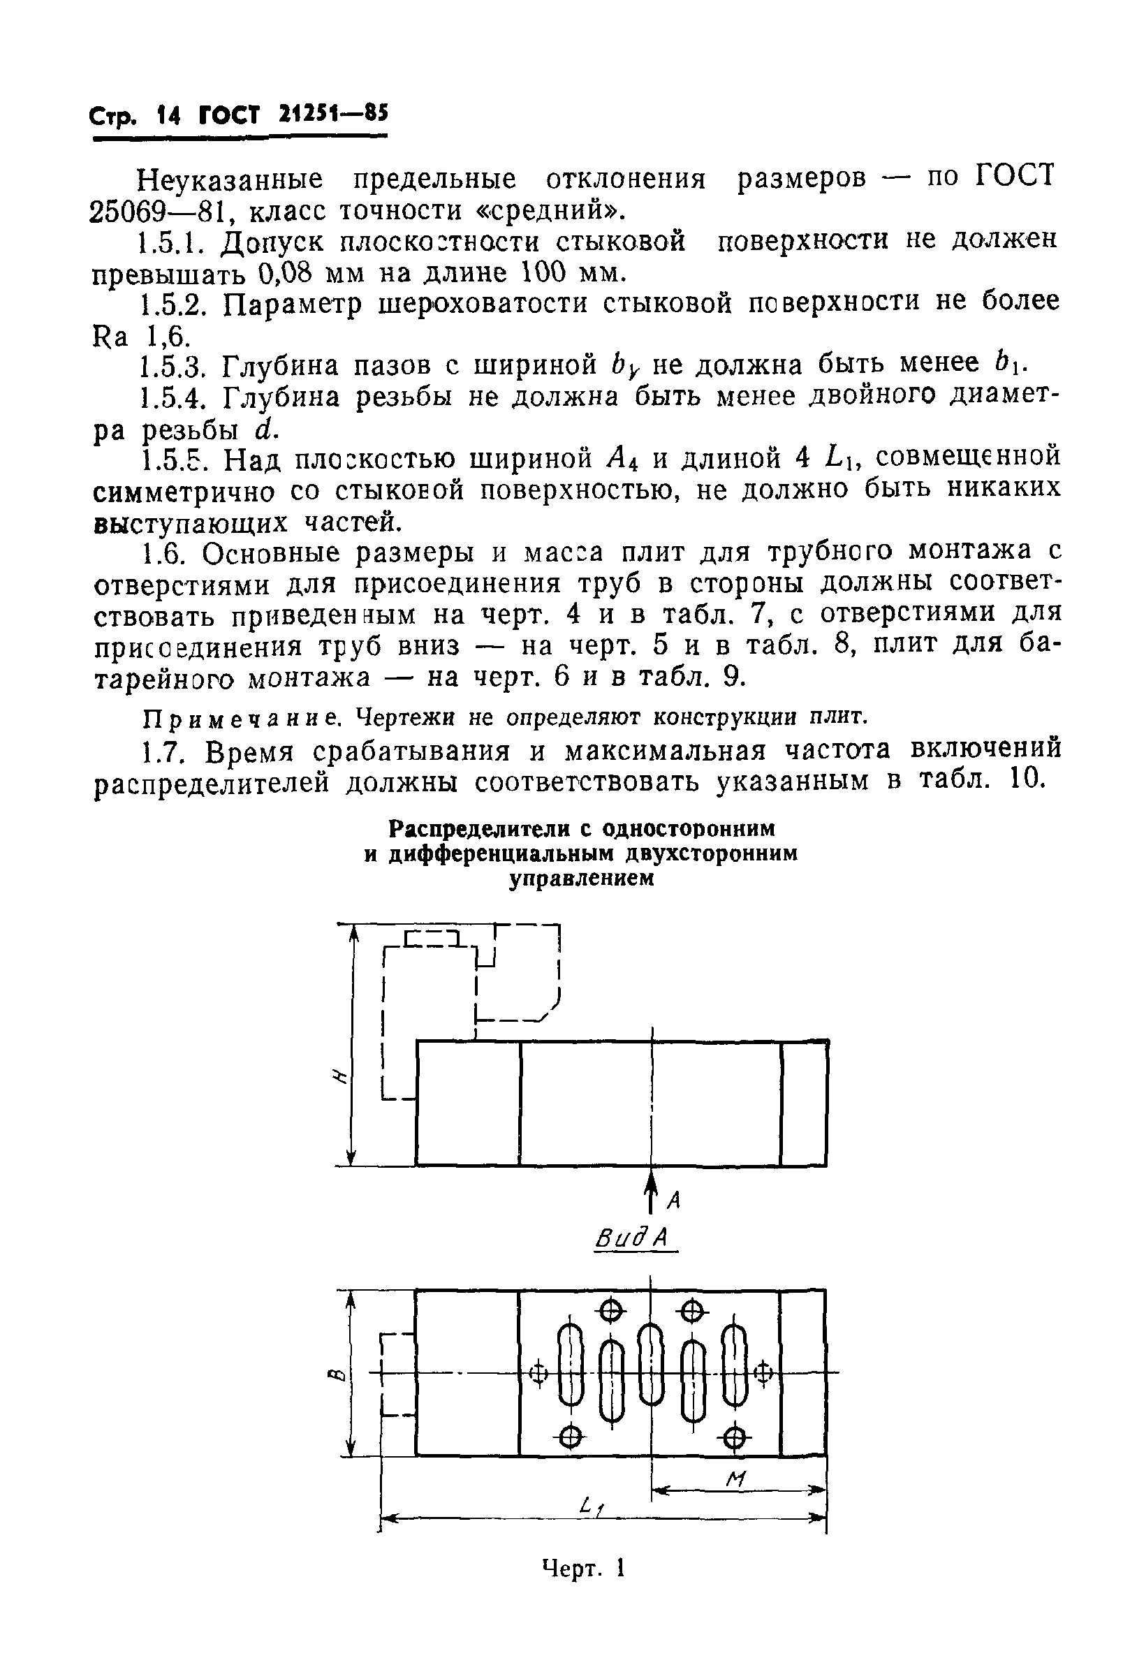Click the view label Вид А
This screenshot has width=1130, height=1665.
coord(634,1240)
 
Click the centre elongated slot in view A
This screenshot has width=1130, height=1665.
coord(651,1364)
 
